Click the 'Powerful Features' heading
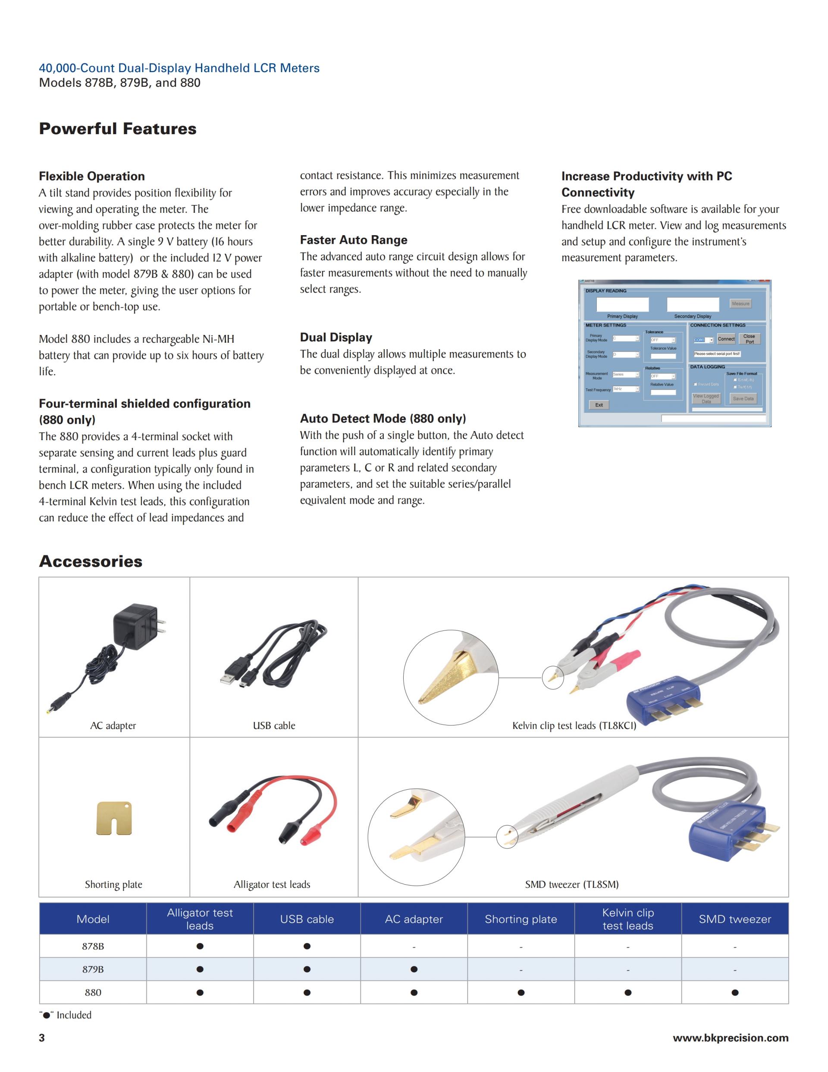[x=118, y=129]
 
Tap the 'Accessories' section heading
[x=91, y=561]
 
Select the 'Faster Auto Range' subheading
[x=354, y=240]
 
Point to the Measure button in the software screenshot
[x=740, y=304]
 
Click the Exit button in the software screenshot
[x=599, y=405]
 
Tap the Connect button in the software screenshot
[x=726, y=339]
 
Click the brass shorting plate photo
[x=114, y=818]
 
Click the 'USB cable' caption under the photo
[x=274, y=725]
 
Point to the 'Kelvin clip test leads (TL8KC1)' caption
[x=574, y=725]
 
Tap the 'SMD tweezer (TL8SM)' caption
[x=571, y=885]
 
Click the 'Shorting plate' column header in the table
[x=521, y=919]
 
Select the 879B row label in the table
[x=93, y=969]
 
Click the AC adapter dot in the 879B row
[x=414, y=969]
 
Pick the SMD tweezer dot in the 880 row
[x=735, y=993]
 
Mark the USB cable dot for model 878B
[x=307, y=946]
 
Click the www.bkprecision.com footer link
[x=731, y=1037]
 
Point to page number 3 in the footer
[x=42, y=1037]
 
